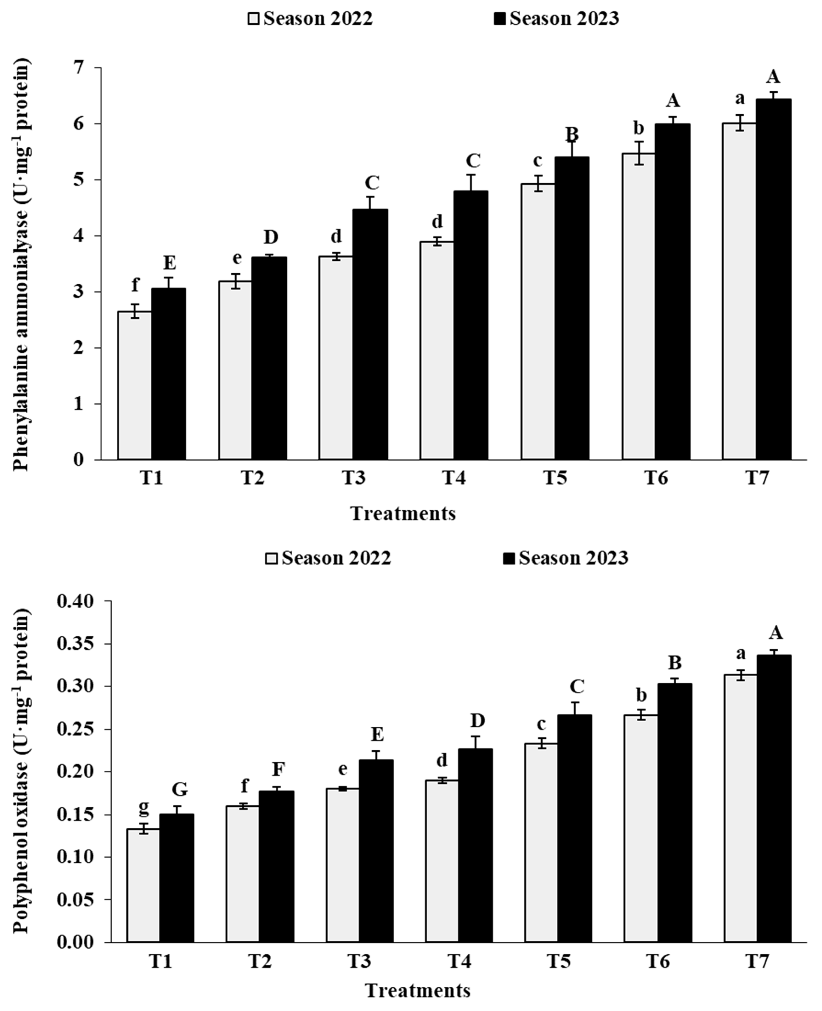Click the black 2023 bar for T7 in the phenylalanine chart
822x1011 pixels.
pos(773,279)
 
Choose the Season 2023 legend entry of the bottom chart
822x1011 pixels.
pos(566,558)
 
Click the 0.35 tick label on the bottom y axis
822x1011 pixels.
pos(76,644)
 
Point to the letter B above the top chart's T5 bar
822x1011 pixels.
pos(573,135)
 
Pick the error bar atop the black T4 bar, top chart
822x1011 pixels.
pos(471,182)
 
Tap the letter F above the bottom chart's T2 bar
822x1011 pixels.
pos(278,769)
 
